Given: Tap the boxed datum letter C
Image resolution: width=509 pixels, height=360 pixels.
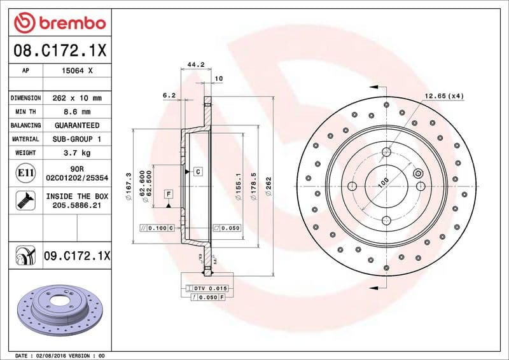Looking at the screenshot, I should point(198,172).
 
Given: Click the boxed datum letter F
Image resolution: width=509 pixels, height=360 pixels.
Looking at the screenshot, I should point(169,193).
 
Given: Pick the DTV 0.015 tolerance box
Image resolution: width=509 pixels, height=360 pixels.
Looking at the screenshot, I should point(209,288).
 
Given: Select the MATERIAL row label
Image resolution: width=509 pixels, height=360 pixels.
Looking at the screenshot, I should point(25,139).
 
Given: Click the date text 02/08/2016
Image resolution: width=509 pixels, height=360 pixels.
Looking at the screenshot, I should point(48,355).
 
